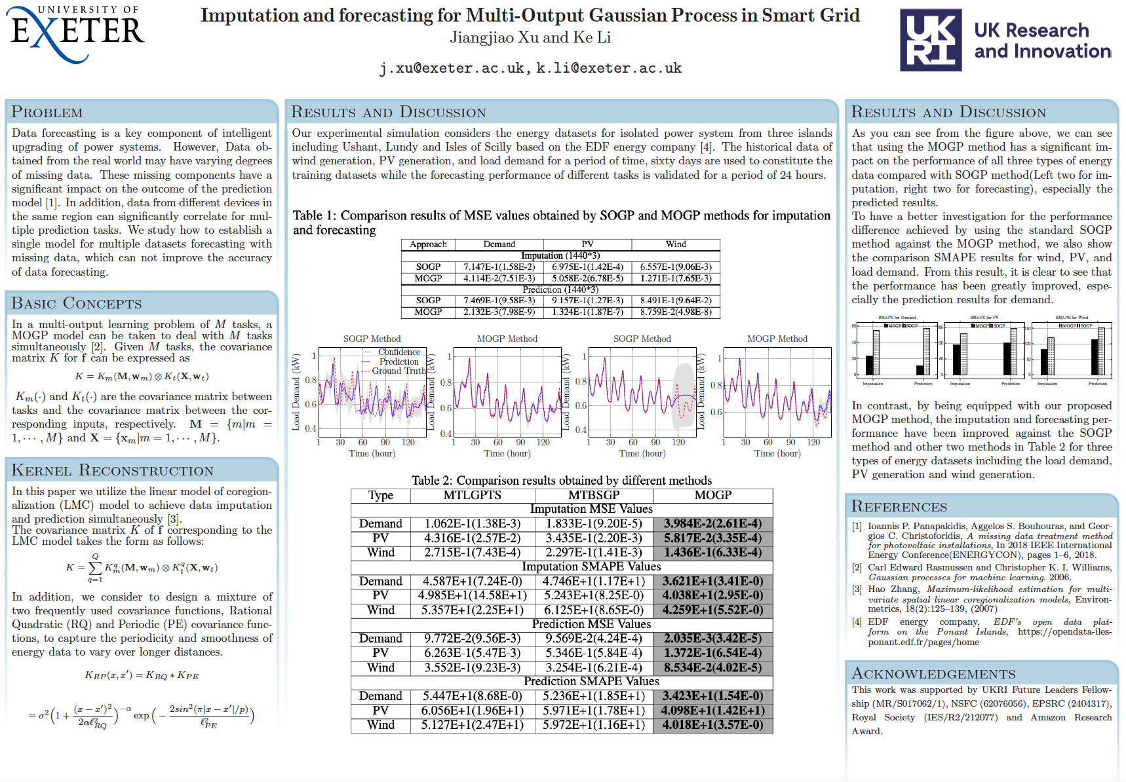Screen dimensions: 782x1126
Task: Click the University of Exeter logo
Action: point(77,34)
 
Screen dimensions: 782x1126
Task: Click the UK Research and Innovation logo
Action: point(1005,40)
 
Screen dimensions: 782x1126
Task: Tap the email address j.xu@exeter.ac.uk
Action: point(452,68)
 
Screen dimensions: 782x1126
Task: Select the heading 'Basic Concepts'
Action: point(77,303)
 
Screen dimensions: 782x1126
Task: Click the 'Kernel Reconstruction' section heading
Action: point(113,470)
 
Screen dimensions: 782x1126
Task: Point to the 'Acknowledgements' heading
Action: point(933,674)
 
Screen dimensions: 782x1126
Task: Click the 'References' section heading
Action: point(899,506)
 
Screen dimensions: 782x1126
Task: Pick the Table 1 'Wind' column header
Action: point(676,244)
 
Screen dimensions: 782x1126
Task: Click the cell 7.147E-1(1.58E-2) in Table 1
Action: point(499,267)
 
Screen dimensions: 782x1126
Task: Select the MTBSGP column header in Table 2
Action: point(594,495)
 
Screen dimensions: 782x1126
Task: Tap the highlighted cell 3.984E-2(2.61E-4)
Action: point(712,523)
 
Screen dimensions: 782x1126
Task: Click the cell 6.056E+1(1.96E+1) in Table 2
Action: point(472,711)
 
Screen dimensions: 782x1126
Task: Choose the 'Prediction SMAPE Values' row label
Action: point(591,681)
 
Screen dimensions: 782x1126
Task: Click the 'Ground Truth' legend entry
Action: point(398,371)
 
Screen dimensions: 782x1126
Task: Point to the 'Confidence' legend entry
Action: point(399,352)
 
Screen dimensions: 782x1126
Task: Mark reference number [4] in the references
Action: point(857,622)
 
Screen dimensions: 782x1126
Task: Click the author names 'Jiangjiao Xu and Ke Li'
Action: point(530,37)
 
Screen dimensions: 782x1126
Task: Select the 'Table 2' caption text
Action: point(561,480)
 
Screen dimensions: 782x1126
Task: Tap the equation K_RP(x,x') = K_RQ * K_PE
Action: point(142,675)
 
